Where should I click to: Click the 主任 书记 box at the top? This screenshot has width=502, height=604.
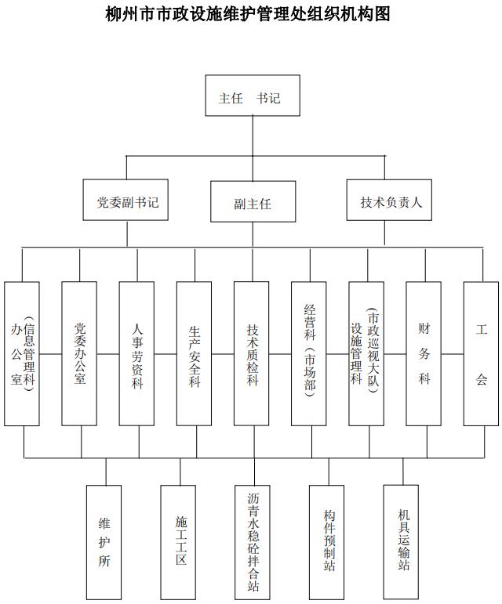(253, 96)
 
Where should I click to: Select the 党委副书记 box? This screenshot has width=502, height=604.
(125, 200)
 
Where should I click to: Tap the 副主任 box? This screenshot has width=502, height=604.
(253, 201)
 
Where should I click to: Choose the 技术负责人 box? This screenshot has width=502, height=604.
(389, 200)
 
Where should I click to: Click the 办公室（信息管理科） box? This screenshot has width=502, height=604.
(22, 353)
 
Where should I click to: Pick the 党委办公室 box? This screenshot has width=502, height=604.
(79, 353)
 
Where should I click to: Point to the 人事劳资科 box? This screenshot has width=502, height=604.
(137, 353)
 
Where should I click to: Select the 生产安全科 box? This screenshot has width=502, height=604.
(195, 353)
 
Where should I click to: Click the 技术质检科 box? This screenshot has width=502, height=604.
(252, 353)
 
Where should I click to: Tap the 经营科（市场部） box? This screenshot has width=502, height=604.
(309, 353)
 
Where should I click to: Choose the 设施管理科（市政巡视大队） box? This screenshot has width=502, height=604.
(366, 353)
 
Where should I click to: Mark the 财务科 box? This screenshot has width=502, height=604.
(424, 353)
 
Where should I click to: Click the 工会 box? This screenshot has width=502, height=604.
(481, 353)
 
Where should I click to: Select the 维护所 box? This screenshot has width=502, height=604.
(104, 542)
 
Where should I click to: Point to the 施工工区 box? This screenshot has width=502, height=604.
(178, 542)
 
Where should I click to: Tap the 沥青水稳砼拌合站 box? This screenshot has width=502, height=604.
(253, 542)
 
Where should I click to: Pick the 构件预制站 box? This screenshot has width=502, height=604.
(327, 542)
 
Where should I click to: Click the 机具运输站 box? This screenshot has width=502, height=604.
(401, 542)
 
